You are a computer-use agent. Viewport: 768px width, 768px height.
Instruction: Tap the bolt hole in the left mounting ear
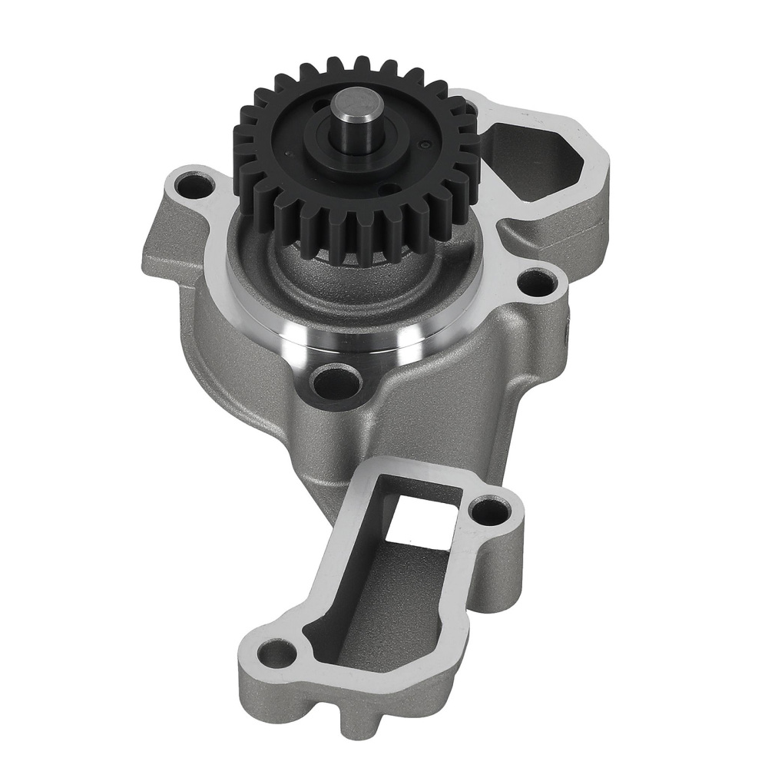(187, 184)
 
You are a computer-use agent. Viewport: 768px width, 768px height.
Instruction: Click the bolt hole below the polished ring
(335, 379)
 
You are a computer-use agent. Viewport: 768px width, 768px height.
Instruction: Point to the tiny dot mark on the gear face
(424, 144)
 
